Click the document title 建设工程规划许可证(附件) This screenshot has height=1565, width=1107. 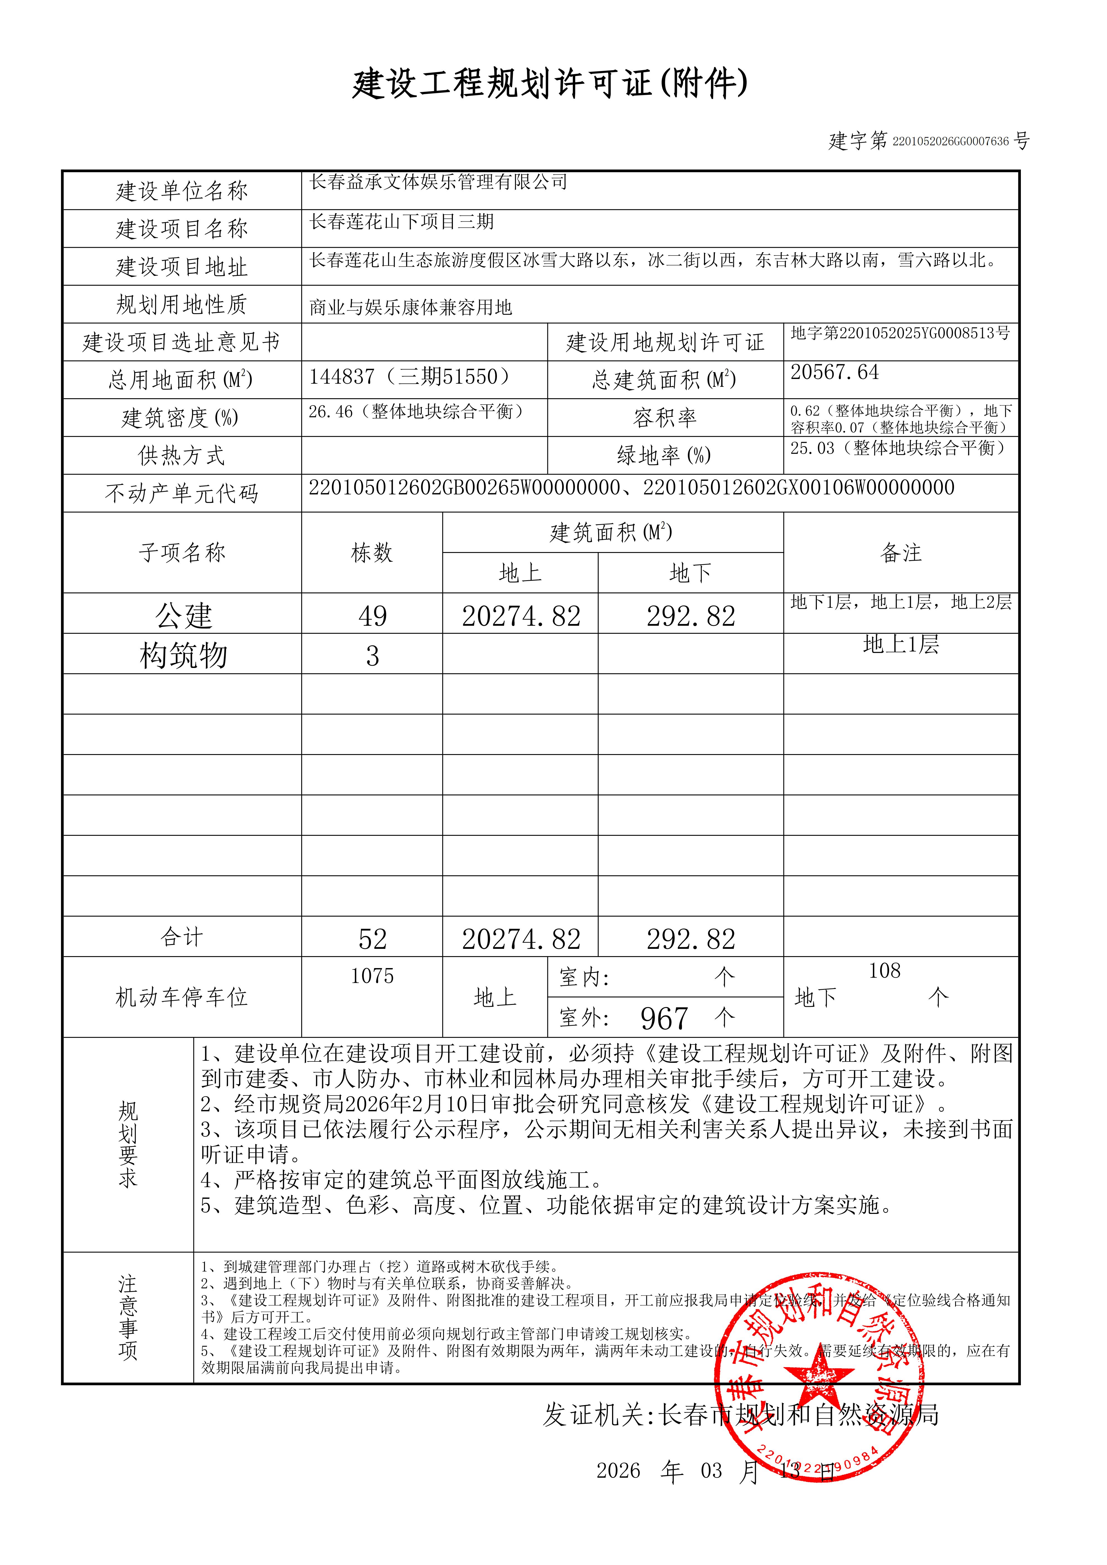click(x=549, y=84)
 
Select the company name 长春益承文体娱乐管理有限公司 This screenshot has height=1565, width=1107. click(x=438, y=182)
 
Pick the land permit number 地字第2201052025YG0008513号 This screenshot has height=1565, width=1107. click(x=900, y=333)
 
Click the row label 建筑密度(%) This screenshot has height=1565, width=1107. click(x=181, y=418)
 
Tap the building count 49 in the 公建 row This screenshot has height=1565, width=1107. click(x=372, y=616)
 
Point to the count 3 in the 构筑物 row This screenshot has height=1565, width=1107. click(x=372, y=656)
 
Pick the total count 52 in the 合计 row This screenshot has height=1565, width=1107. click(x=372, y=939)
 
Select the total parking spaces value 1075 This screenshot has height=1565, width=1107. click(x=372, y=976)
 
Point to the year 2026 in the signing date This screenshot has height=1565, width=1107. click(x=618, y=1471)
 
